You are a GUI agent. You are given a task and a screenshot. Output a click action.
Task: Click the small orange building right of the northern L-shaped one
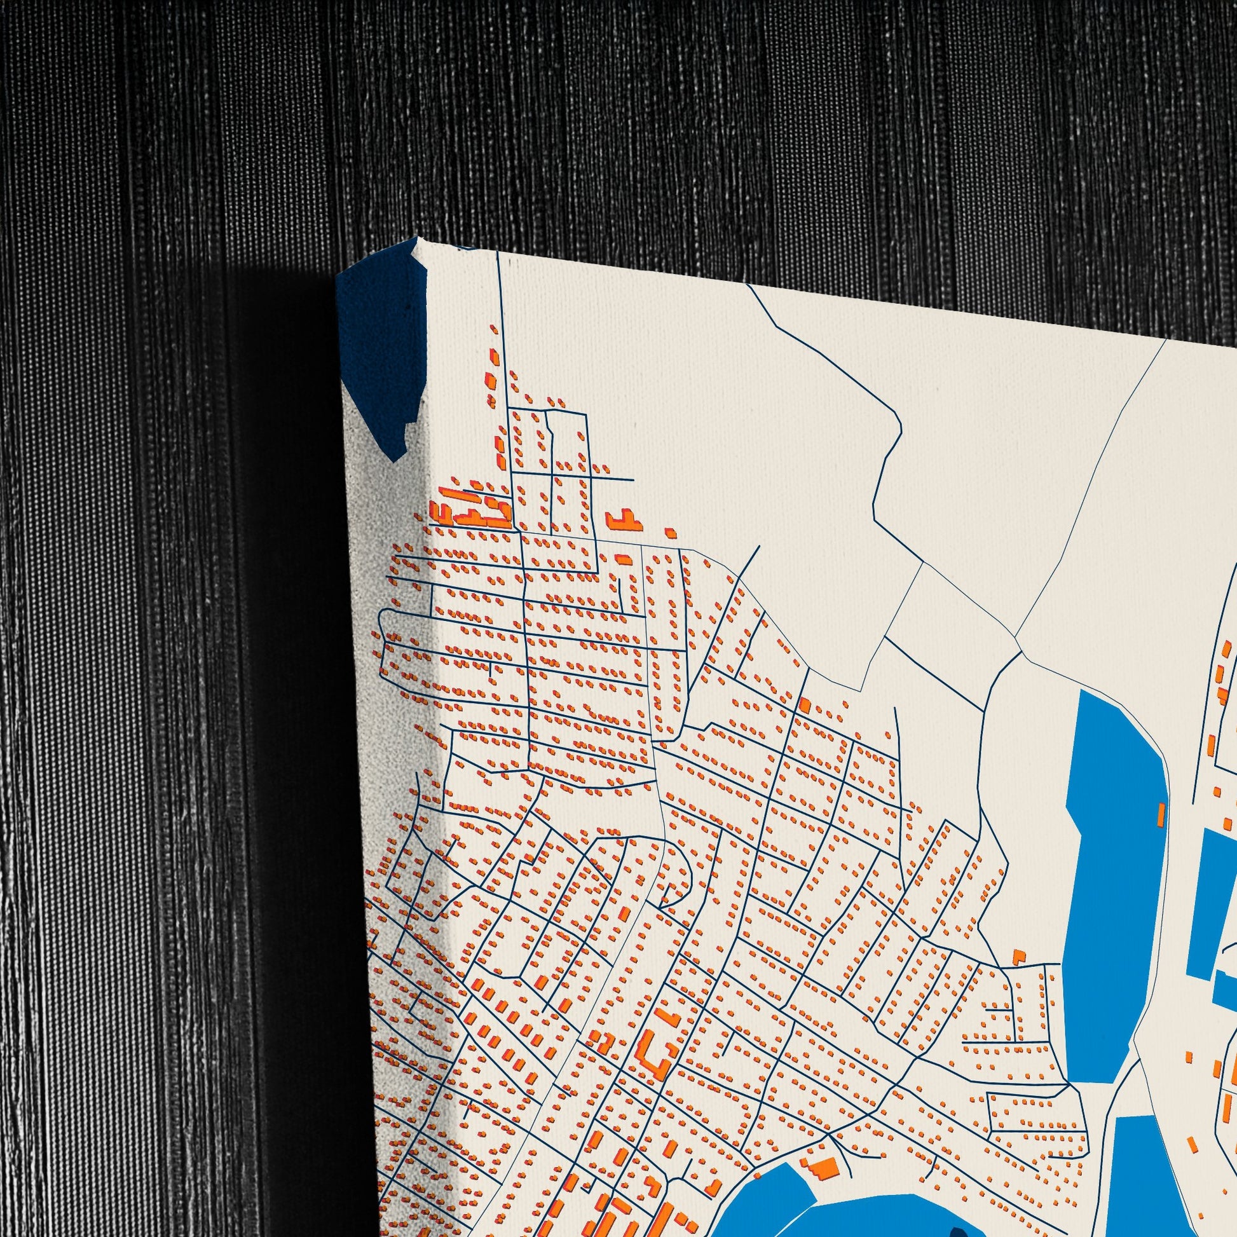[x=671, y=532]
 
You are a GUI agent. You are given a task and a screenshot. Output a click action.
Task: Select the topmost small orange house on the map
[x=494, y=329]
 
